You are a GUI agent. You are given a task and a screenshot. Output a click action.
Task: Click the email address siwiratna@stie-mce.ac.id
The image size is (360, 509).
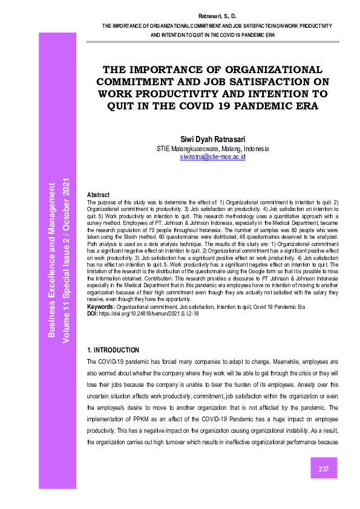pos(212,157)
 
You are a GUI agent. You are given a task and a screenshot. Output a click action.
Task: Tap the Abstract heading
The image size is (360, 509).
pos(99,195)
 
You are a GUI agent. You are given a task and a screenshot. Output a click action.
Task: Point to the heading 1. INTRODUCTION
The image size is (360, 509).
pos(114,350)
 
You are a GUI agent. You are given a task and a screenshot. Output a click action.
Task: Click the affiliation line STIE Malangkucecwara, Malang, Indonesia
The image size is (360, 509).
pos(212,148)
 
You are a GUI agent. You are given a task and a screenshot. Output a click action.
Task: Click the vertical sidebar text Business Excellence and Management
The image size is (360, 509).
pos(53,259)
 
